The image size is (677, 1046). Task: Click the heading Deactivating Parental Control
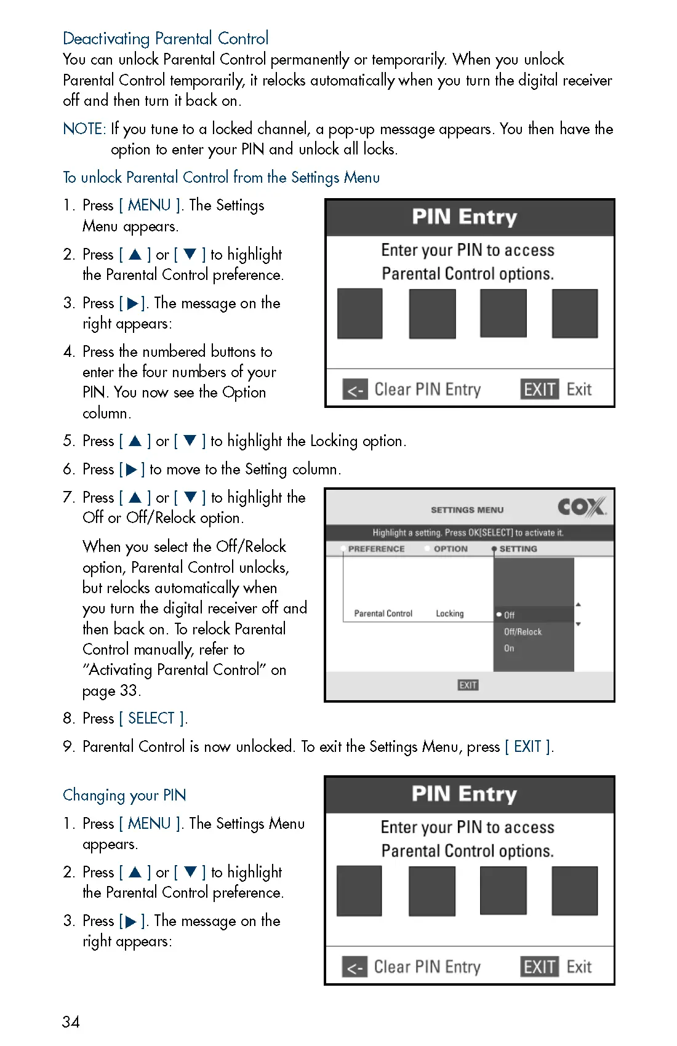click(166, 39)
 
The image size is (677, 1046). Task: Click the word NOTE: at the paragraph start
click(84, 129)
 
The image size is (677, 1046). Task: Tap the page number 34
click(71, 1022)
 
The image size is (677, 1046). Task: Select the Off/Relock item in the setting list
click(523, 632)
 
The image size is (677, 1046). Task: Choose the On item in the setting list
click(509, 649)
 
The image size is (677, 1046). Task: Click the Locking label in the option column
click(449, 613)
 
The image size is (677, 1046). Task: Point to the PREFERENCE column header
click(376, 549)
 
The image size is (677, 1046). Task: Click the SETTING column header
click(518, 549)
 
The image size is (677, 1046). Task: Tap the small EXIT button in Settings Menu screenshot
click(468, 685)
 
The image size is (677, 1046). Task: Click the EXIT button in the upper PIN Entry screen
click(539, 389)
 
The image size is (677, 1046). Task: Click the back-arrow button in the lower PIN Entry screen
click(355, 967)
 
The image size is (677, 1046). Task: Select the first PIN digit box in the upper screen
click(360, 314)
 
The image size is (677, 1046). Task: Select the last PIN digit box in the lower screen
click(574, 891)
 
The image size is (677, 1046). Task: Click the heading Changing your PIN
click(124, 796)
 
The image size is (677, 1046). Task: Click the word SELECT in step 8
click(151, 719)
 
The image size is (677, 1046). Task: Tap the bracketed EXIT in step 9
click(527, 747)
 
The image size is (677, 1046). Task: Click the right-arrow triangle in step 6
click(131, 470)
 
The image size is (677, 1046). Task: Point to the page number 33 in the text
click(128, 691)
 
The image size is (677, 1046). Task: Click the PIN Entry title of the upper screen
click(464, 217)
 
